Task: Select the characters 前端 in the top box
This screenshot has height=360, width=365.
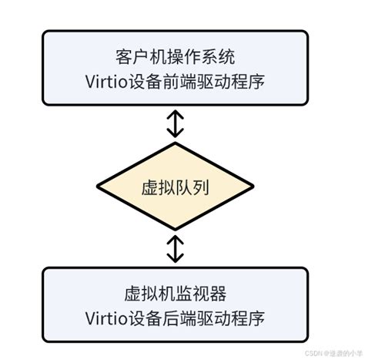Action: click(x=186, y=80)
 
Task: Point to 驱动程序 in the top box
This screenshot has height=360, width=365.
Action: click(x=233, y=80)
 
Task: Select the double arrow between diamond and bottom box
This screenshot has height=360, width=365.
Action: click(x=176, y=248)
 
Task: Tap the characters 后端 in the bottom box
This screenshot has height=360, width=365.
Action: click(x=186, y=318)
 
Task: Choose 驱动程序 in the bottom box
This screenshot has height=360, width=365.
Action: click(x=233, y=318)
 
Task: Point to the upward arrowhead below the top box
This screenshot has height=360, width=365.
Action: click(x=176, y=114)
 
